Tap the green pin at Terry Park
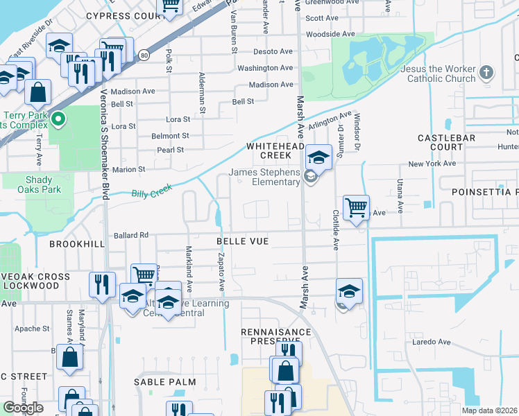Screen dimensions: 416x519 coord(58,119)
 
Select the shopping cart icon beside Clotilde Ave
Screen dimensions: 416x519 coord(356,207)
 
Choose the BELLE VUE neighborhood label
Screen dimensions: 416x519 coord(242,241)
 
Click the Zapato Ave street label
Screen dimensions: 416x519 coord(221,272)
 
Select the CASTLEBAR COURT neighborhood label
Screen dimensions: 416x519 coord(450,143)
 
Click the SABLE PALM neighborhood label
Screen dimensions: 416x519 coord(166,382)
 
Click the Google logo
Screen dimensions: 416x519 coord(23,408)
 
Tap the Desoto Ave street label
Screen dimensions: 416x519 coord(273,52)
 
